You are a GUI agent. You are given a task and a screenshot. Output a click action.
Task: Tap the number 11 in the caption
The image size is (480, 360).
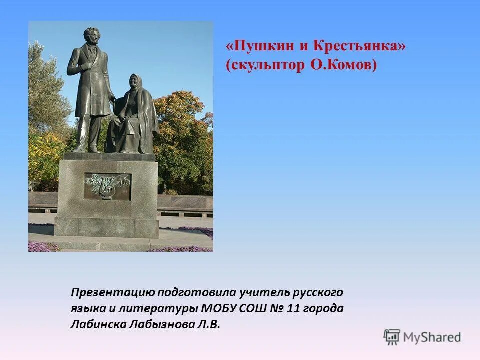point(294,308)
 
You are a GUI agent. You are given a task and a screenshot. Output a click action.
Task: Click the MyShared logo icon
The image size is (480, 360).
point(392,337)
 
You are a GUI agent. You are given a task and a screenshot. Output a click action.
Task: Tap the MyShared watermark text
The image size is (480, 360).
point(432,337)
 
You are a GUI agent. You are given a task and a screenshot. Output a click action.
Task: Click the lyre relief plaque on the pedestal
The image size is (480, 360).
point(107,186)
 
